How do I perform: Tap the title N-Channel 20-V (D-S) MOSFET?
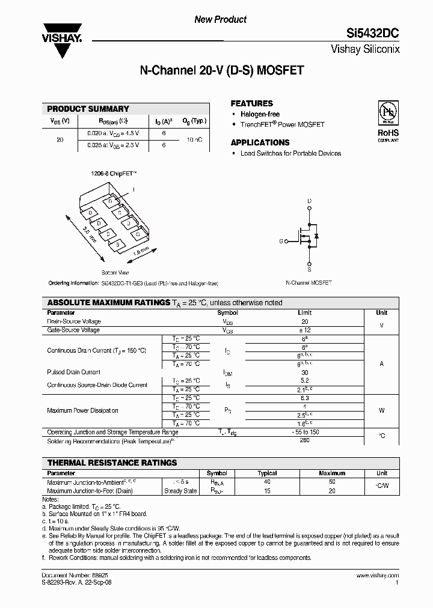click(221, 70)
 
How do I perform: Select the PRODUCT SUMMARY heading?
click(88, 109)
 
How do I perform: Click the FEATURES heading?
click(251, 103)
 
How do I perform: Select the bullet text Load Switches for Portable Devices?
click(290, 153)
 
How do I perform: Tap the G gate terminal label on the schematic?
click(280, 241)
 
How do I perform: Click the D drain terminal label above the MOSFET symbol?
click(309, 201)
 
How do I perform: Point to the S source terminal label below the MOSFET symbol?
click(309, 270)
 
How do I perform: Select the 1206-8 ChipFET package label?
click(114, 174)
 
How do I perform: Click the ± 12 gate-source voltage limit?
click(304, 330)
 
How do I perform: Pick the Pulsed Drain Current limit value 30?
click(304, 372)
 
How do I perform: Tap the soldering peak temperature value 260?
click(304, 440)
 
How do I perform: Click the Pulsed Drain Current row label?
click(73, 372)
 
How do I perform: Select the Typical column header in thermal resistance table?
click(267, 473)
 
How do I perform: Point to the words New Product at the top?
click(220, 20)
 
